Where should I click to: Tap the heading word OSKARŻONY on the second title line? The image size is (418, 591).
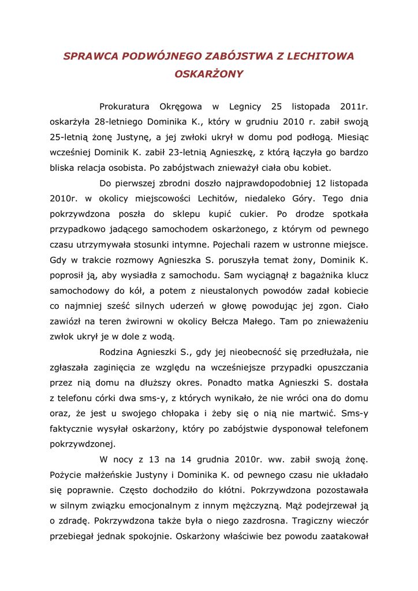[209, 74]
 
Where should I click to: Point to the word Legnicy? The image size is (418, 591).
[245, 107]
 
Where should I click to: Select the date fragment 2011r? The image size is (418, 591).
[354, 107]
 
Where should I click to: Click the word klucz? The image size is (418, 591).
[355, 275]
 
